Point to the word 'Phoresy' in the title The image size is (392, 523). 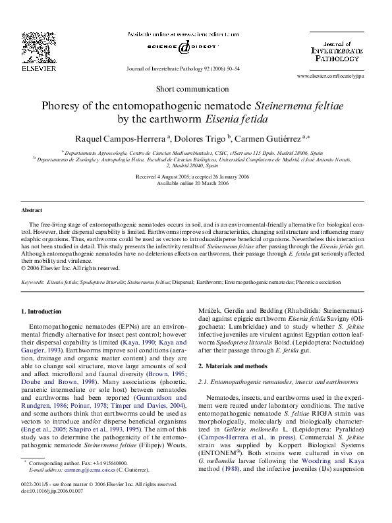tap(61, 105)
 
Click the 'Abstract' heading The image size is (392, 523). tap(32, 210)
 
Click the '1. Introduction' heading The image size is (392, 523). tap(42, 310)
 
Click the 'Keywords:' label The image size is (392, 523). tap(33, 281)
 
